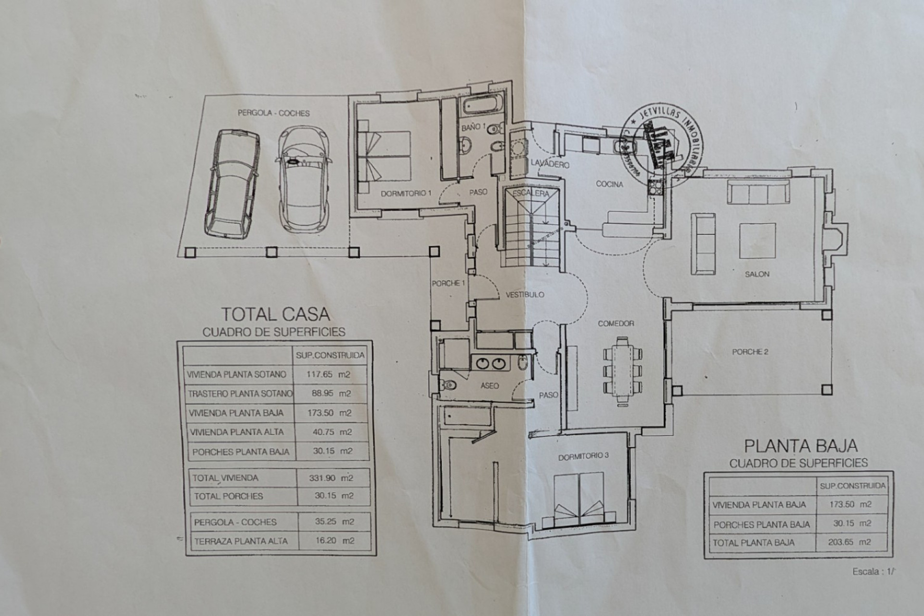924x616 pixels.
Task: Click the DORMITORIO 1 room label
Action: [x=406, y=193]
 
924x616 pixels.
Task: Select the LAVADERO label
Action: [x=550, y=164]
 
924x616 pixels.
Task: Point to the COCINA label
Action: [x=609, y=184]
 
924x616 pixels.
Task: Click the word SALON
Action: [x=757, y=274]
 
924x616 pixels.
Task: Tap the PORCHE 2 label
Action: [x=750, y=352]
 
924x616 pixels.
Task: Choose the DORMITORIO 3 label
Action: [x=583, y=456]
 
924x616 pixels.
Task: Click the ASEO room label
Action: [x=489, y=385]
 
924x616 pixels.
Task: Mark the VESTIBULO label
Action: [x=525, y=295]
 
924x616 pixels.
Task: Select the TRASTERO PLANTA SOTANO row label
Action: [x=240, y=393]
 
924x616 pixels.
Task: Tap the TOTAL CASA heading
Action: [x=275, y=314]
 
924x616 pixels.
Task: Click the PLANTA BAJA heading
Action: [x=800, y=446]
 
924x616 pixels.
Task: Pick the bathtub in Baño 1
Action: [x=481, y=104]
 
